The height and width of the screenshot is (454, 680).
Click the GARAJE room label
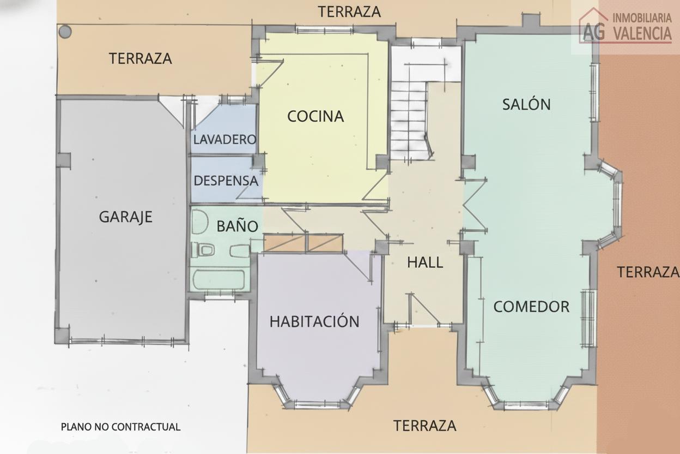coord(125,217)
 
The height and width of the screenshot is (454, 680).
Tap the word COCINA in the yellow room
coord(315,116)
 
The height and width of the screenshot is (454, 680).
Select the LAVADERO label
coord(224,139)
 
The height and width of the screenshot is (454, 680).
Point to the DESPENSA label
coord(226,181)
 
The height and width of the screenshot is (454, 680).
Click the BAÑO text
coord(237,226)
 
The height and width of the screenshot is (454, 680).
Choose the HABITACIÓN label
coord(314,321)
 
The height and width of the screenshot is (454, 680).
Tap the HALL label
coord(425,262)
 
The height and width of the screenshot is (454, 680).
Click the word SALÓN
coord(526,104)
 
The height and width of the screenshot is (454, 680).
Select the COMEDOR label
coord(531,307)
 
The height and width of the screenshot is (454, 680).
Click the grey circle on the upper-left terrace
coord(65,32)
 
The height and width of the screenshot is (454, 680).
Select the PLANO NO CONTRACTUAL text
coord(120,427)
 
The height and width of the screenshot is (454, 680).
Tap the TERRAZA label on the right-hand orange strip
coord(647,271)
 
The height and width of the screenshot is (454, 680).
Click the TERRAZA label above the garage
coord(140,58)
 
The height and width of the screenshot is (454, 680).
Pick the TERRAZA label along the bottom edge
coord(424,426)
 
